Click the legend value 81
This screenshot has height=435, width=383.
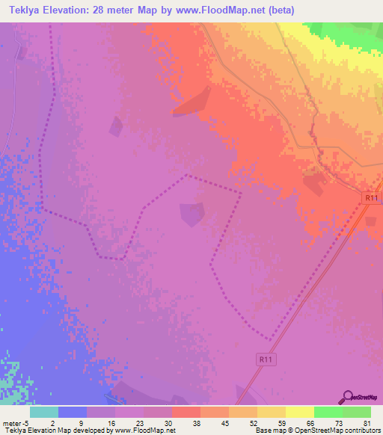[367, 422]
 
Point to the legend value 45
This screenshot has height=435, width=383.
[225, 422]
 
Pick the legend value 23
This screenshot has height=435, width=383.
[140, 422]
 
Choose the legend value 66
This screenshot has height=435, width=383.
[310, 422]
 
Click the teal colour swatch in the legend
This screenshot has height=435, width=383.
[43, 412]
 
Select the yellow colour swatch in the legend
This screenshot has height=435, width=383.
[299, 412]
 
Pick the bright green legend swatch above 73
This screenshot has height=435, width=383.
[328, 412]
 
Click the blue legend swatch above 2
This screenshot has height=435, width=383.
[72, 412]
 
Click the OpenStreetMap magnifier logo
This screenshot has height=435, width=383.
[348, 397]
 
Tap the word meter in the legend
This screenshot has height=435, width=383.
[11, 422]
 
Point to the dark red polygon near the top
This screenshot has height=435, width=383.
[192, 102]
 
